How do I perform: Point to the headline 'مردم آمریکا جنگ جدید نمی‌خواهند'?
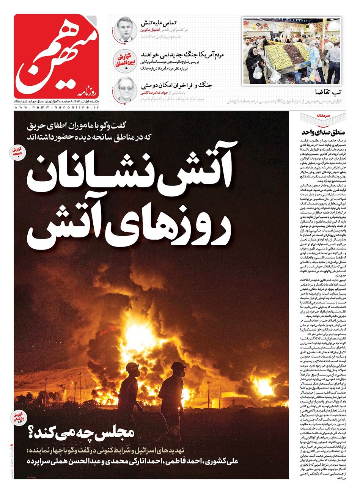(x=182, y=54)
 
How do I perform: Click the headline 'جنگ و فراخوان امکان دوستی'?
(x=176, y=85)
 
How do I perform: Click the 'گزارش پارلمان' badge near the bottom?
(x=18, y=417)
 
